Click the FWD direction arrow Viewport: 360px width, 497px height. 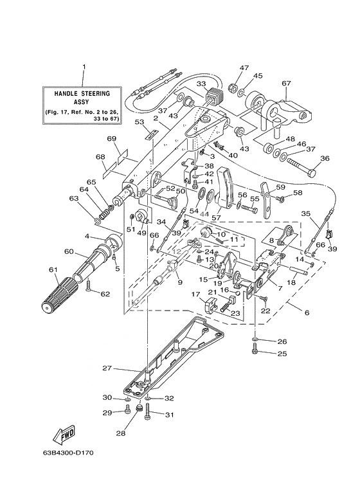(64, 434)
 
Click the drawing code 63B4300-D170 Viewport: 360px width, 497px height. (68, 453)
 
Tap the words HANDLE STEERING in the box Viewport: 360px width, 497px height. (82, 93)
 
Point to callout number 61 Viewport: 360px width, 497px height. (53, 270)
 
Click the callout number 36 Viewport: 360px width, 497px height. (317, 158)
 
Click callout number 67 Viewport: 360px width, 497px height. (286, 83)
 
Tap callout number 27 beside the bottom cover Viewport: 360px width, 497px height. (107, 368)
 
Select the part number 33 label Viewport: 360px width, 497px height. (201, 84)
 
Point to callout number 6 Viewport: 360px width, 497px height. (307, 313)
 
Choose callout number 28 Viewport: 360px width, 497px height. (122, 433)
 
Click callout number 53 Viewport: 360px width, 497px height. (139, 122)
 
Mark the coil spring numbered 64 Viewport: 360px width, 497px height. (104, 215)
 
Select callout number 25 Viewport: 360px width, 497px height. (282, 353)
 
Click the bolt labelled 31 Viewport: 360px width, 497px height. (148, 411)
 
